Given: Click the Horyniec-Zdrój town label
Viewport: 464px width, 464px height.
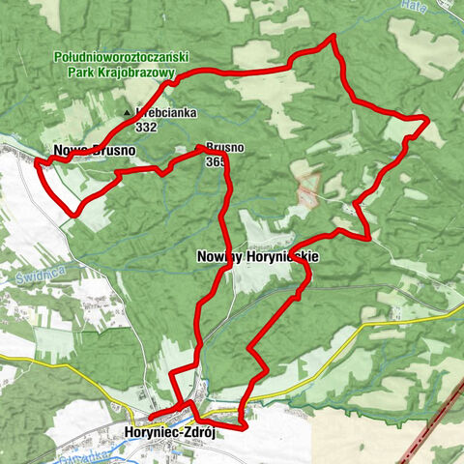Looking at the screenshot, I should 169,433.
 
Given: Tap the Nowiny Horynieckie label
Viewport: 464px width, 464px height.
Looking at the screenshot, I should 257,256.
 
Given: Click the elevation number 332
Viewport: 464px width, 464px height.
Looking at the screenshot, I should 147,127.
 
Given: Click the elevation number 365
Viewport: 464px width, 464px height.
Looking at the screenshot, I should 215,162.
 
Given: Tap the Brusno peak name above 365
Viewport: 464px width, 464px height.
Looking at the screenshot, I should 223,148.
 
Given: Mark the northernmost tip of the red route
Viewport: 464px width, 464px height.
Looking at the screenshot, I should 333,36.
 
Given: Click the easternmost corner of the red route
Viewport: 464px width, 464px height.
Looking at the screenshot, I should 426,119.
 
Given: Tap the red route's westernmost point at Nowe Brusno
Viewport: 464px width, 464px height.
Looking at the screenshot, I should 37,162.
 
